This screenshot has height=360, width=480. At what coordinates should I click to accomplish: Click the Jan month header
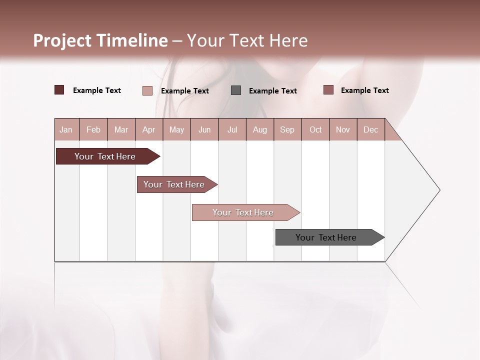pyautogui.click(x=66, y=129)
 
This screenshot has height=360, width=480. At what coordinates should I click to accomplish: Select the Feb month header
pyautogui.click(x=93, y=129)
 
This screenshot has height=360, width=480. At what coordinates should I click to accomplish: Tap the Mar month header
pyautogui.click(x=121, y=129)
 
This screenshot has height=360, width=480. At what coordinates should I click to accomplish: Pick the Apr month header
pyautogui.click(x=149, y=129)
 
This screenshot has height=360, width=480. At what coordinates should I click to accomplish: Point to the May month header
pyautogui.click(x=176, y=129)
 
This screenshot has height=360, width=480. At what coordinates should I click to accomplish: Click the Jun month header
pyautogui.click(x=204, y=129)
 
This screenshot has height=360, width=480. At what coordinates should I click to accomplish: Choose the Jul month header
pyautogui.click(x=232, y=129)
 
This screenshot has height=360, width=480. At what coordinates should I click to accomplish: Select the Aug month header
pyautogui.click(x=260, y=129)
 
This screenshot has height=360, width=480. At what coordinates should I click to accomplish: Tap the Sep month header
pyautogui.click(x=287, y=129)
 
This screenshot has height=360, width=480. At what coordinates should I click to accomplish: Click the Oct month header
pyautogui.click(x=315, y=129)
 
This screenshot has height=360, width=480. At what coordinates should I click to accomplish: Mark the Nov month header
pyautogui.click(x=343, y=129)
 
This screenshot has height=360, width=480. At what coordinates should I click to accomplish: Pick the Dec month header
pyautogui.click(x=370, y=129)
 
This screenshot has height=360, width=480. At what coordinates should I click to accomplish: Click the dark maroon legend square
pyautogui.click(x=59, y=90)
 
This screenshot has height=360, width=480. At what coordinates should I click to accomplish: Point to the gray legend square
pyautogui.click(x=236, y=90)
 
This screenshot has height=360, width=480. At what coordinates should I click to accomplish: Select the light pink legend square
pyautogui.click(x=147, y=90)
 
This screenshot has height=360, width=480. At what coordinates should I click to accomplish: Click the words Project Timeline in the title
pyautogui.click(x=100, y=40)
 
